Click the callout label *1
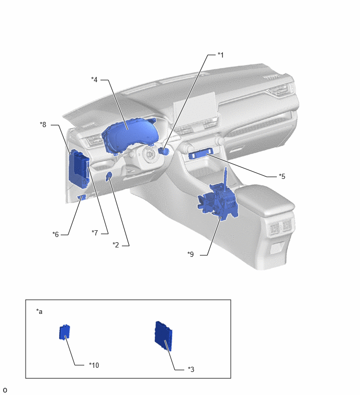[x=220, y=55]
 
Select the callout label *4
[x=94, y=80]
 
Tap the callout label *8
[x=43, y=125]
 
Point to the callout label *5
[x=282, y=176]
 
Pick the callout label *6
[x=55, y=234]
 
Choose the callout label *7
[x=95, y=233]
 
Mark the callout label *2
[x=116, y=245]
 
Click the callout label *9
[x=190, y=254]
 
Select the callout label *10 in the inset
[x=94, y=365]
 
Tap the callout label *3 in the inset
[x=191, y=369]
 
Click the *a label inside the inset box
[x=39, y=312]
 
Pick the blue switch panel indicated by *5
[x=200, y=154]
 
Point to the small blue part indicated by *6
[x=82, y=198]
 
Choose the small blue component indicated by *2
[x=109, y=176]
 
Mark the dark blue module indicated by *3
[x=163, y=336]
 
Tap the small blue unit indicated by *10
[x=64, y=332]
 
